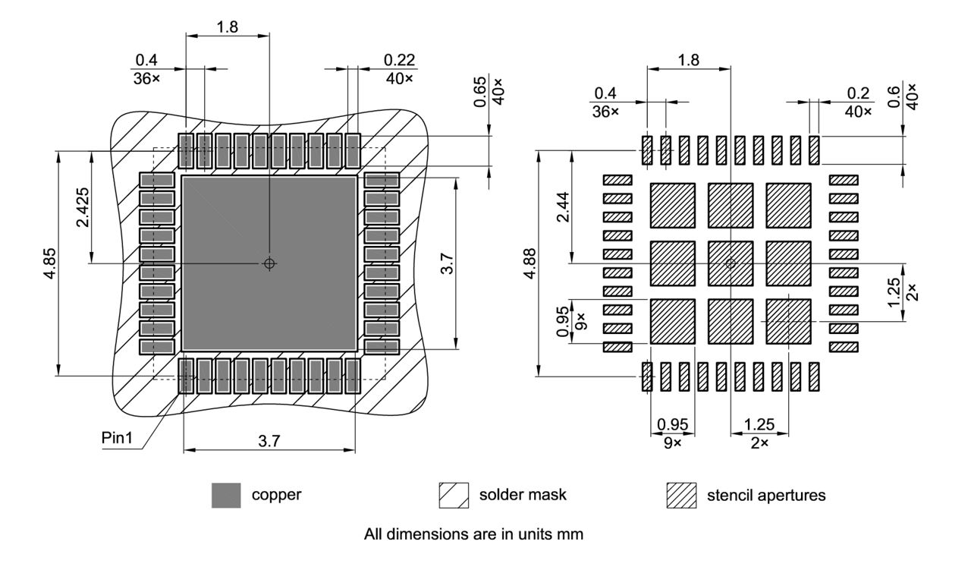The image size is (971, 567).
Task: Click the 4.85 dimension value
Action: point(48,263)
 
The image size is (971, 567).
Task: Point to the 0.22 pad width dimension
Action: point(399,60)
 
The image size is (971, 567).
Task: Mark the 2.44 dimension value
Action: point(562,207)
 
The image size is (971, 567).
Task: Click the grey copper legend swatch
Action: point(226,496)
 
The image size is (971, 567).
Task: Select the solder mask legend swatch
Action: point(454,496)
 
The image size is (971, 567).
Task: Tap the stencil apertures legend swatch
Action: point(680,496)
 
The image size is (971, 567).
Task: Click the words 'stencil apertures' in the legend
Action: point(766,496)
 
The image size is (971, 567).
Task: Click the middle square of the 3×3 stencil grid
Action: point(730,263)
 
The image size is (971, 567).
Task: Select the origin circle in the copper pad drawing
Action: point(269,263)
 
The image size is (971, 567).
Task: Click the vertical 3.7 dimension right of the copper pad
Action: point(448,263)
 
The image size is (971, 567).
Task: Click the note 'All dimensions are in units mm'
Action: point(473,534)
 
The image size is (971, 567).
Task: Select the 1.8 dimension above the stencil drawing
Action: point(688,60)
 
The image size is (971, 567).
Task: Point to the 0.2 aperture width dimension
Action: point(856,93)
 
